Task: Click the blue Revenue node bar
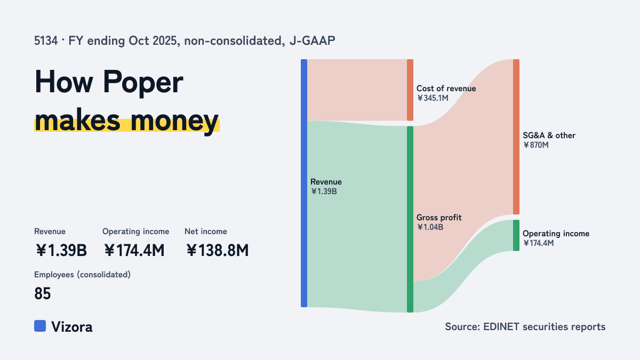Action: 304,183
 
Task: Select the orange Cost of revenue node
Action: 410,90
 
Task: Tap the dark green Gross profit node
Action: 410,219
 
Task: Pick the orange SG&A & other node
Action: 516,137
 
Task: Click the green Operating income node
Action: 516,235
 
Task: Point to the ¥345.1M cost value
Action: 433,98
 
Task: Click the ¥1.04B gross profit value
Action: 430,227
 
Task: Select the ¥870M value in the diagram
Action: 535,145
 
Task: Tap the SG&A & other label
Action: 549,135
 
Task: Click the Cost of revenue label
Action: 446,89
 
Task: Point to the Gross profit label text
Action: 439,218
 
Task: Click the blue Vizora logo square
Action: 40,326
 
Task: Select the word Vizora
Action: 71,326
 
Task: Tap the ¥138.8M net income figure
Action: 218,250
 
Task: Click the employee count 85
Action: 43,293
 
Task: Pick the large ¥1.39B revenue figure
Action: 61,250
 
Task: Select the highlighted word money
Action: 174,121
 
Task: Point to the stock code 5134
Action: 46,41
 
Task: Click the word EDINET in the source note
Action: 501,326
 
